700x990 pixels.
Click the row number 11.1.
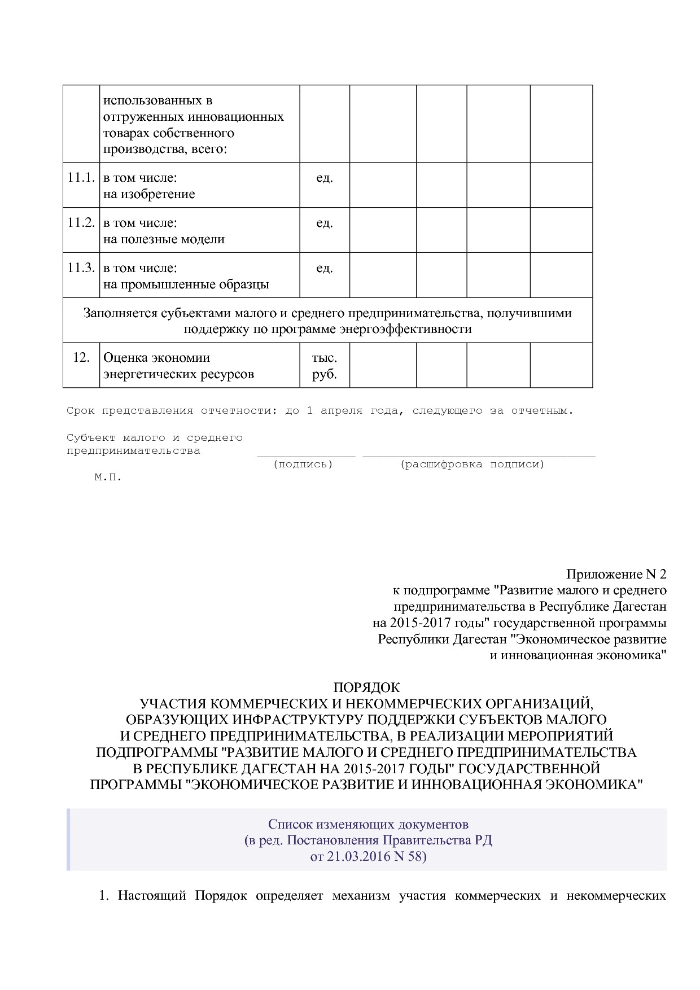[x=81, y=177]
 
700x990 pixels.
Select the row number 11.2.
[x=81, y=222]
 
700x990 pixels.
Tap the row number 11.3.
[x=81, y=268]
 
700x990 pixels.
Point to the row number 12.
[x=81, y=357]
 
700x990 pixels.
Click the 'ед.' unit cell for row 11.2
[x=324, y=223]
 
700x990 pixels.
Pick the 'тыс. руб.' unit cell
[x=324, y=366]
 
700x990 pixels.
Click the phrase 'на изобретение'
[x=149, y=194]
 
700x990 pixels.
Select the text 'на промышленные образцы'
[x=186, y=284]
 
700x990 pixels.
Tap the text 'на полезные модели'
[x=164, y=239]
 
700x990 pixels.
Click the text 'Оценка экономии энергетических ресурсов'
[x=178, y=366]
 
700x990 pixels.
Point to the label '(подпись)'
[x=303, y=465]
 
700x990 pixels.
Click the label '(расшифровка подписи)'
[x=472, y=465]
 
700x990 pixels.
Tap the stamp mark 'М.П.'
[x=108, y=478]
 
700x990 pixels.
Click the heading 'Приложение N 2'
[x=616, y=575]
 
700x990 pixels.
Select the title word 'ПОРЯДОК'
[x=366, y=687]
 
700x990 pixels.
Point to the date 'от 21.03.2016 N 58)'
[x=368, y=856]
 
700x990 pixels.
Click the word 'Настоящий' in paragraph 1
[x=152, y=896]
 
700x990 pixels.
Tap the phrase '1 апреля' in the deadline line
[x=334, y=411]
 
